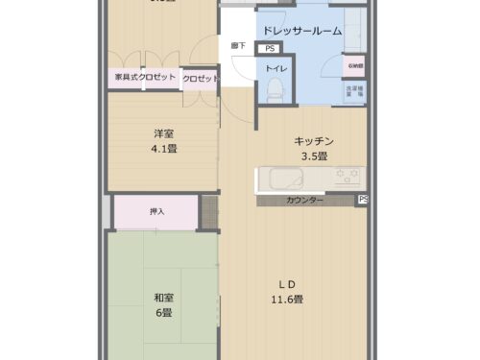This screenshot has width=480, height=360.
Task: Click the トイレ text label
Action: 275,68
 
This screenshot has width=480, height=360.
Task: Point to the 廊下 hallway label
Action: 237,46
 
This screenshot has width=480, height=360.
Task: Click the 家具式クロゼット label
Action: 144,78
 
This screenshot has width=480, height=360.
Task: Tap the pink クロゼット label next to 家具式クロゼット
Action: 201,78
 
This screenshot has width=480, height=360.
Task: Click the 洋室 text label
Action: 163,134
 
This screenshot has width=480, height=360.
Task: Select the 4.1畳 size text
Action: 163,149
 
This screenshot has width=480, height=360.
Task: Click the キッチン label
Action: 313,141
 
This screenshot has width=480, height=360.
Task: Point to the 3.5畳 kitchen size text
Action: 315,156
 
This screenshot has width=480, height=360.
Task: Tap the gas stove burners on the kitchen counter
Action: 346,179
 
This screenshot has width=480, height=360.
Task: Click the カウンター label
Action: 303,200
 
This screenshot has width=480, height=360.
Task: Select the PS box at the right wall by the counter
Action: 362,200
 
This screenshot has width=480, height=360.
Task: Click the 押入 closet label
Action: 157,210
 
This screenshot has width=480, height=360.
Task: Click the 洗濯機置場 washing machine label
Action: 354,92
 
